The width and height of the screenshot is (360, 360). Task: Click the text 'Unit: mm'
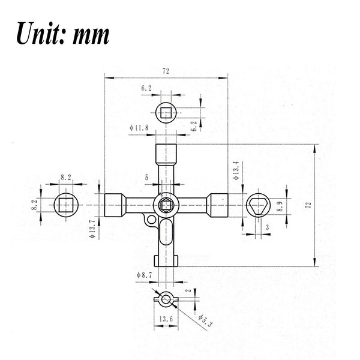pos(62,34)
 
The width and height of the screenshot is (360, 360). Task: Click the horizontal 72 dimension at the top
pos(166,71)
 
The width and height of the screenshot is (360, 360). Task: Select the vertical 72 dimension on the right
pos(308,205)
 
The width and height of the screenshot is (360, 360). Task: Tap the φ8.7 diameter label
pos(146,274)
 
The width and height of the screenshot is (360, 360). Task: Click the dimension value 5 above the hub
pos(146,178)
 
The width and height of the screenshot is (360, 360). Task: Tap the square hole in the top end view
pos(166,112)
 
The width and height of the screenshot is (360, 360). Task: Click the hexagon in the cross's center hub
pos(166,205)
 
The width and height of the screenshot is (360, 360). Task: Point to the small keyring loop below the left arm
pos(149,221)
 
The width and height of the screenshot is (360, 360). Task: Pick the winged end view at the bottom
pos(166,298)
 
